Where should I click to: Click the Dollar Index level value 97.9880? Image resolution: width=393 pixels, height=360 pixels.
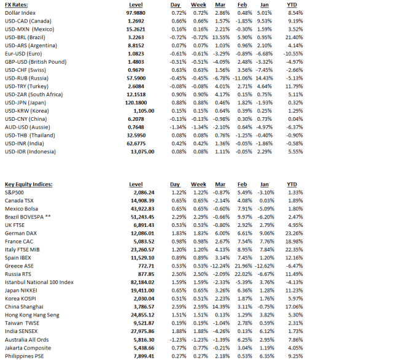[135, 12]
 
